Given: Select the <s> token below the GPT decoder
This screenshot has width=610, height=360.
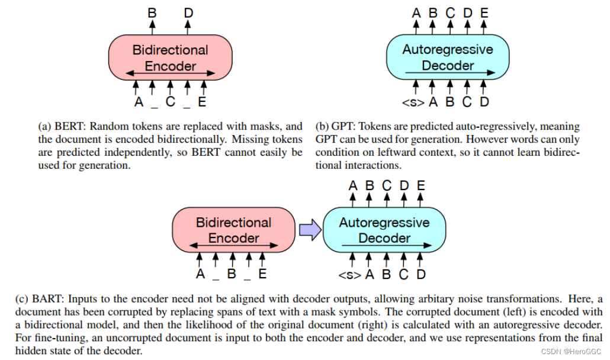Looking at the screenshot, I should [x=413, y=102].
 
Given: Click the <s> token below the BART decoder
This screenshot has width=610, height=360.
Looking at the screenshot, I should [x=349, y=275].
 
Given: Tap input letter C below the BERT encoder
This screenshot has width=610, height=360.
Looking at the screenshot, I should [x=171, y=102].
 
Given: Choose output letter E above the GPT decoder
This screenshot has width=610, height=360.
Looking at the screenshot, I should [x=484, y=12].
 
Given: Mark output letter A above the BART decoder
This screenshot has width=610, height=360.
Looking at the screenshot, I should [x=353, y=186].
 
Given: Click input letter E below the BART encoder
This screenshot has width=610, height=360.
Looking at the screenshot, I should [x=262, y=275].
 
